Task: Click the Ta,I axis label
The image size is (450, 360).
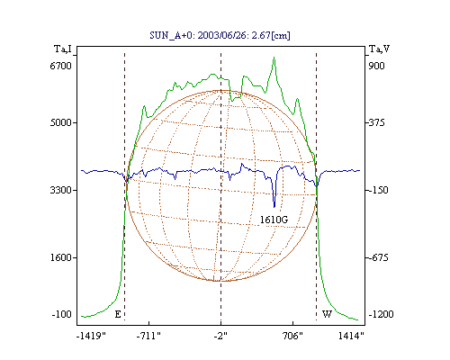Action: point(63,49)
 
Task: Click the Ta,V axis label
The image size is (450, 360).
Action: point(379,49)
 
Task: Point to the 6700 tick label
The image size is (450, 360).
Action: point(60,66)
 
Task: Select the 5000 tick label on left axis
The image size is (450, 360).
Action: point(60,122)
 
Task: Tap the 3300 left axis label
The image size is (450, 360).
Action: point(60,190)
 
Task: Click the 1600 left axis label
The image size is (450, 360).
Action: point(60,257)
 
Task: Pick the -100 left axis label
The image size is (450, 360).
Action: point(62,314)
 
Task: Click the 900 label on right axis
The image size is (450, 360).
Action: point(376,66)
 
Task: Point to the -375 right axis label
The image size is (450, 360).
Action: point(376,122)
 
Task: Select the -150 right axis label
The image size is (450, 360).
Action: point(377,190)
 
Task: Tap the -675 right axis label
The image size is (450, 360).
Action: point(377,257)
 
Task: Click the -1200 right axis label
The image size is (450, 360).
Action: point(381,314)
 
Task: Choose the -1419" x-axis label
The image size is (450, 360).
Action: point(91,336)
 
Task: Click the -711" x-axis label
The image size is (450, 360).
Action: point(148,336)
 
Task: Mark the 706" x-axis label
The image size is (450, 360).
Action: point(292,336)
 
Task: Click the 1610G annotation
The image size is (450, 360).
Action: point(274,220)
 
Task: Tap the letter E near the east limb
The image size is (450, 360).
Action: point(118,314)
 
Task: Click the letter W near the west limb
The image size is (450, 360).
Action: point(327,314)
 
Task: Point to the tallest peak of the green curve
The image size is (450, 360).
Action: point(274,57)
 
